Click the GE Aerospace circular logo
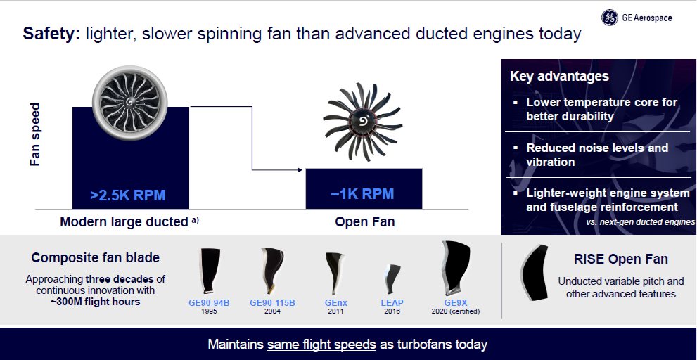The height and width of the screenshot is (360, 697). (609, 18)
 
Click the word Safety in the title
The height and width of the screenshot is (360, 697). (51, 34)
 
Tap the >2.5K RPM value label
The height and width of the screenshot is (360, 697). (128, 195)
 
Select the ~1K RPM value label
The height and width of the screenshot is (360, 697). (363, 194)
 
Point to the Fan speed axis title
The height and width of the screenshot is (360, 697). (34, 135)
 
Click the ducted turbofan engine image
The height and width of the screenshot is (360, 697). (130, 103)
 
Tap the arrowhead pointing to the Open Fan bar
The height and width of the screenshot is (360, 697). (300, 169)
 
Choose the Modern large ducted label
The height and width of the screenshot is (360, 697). (129, 221)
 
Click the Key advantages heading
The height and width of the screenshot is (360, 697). (559, 76)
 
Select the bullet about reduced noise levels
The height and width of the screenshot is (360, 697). (597, 155)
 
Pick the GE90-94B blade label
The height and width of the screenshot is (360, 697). (209, 303)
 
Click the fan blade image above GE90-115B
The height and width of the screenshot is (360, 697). (271, 271)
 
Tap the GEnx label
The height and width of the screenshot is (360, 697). (336, 303)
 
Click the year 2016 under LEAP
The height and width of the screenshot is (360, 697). (392, 311)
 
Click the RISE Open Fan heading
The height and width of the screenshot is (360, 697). (621, 259)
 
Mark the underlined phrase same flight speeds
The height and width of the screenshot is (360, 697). (321, 344)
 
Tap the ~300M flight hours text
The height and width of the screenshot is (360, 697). (95, 302)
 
